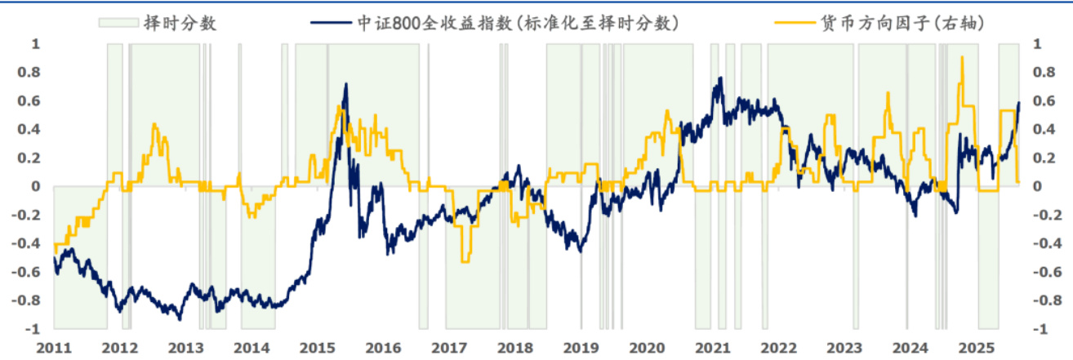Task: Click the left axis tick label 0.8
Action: (29, 73)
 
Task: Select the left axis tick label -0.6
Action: (25, 272)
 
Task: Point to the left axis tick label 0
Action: (35, 186)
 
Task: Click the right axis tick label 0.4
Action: (1044, 130)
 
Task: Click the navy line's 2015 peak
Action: (345, 83)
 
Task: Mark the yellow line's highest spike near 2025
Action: (963, 57)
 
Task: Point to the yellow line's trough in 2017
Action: (465, 261)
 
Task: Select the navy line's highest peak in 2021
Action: (720, 78)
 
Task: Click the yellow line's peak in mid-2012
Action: (154, 124)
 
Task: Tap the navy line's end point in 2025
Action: (1019, 102)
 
